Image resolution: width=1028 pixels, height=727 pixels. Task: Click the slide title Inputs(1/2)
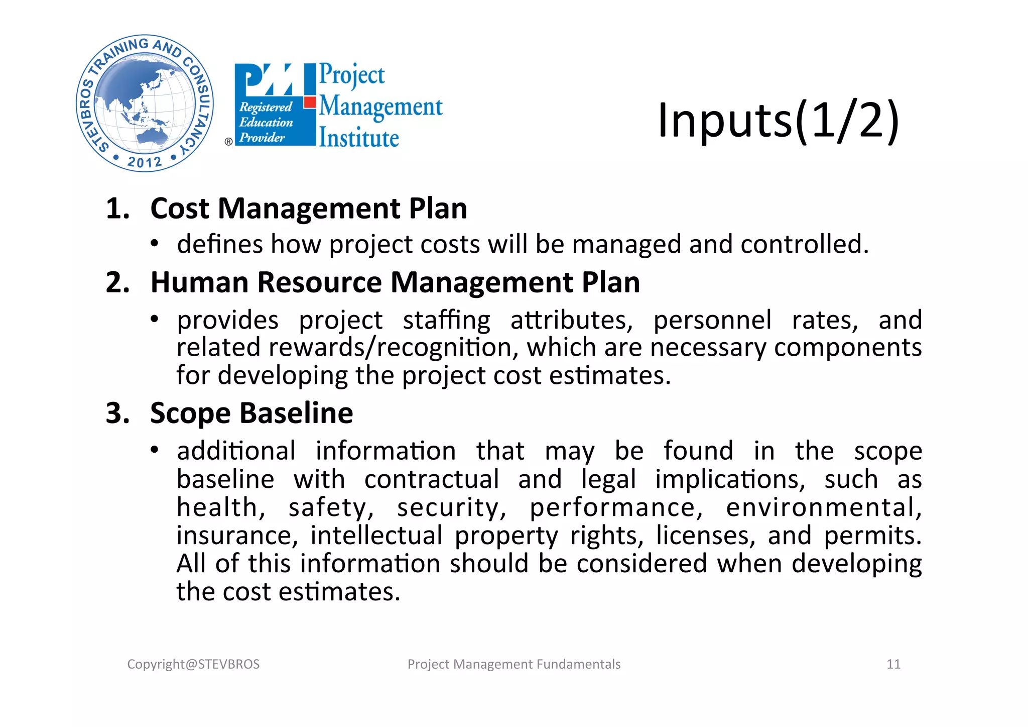coord(779,121)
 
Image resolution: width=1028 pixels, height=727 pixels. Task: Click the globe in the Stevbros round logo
coord(145,103)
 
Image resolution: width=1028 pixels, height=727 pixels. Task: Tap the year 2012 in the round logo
coord(145,162)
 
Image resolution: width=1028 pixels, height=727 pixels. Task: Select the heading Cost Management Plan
coord(309,209)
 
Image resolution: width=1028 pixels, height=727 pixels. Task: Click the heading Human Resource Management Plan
coord(395,282)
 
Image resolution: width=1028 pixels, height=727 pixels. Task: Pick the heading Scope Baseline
coord(251,413)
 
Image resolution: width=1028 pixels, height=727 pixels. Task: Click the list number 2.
coord(117,282)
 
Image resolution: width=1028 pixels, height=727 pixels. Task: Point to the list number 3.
coord(117,413)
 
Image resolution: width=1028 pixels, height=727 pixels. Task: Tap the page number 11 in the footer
coord(893,664)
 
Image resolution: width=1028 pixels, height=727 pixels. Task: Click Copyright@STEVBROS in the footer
coord(193,664)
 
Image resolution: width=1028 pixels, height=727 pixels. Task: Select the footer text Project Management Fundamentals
coord(514,664)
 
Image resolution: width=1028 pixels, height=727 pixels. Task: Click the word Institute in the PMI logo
coord(359,138)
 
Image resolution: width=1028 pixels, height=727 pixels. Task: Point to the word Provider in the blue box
coord(262,137)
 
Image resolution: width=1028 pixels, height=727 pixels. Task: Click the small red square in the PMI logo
coord(310,102)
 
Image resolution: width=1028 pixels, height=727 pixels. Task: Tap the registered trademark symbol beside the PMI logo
coord(228,142)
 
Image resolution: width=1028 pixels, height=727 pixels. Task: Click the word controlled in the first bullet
coord(804,245)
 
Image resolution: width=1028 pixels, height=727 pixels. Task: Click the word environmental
coord(824,507)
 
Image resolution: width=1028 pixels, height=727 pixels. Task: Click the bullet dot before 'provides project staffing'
coord(155,319)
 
